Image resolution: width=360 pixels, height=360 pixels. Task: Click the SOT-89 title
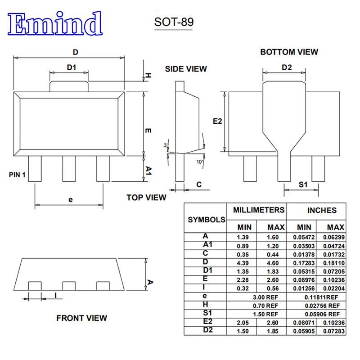[x=174, y=22]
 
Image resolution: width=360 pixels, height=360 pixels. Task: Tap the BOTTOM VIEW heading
[x=289, y=52]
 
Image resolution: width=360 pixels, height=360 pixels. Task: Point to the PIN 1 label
[x=17, y=175]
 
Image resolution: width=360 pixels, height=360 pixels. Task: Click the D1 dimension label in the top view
[x=71, y=67]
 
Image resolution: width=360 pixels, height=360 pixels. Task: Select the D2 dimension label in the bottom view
[x=287, y=67]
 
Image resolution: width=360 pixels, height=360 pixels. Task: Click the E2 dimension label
[x=218, y=121]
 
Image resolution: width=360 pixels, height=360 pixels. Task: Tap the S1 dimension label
[x=303, y=184]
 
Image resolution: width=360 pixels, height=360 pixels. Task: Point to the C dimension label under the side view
[x=198, y=184]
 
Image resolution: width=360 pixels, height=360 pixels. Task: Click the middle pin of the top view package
[x=69, y=169]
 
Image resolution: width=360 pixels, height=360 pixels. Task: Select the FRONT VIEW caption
[x=81, y=318]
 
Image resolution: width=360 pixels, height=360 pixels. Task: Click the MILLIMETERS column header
[x=258, y=210]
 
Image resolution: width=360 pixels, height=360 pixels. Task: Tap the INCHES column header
[x=322, y=210]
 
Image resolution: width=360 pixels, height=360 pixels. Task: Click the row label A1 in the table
[x=207, y=244]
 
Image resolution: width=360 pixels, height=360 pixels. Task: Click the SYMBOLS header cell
[x=206, y=220]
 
